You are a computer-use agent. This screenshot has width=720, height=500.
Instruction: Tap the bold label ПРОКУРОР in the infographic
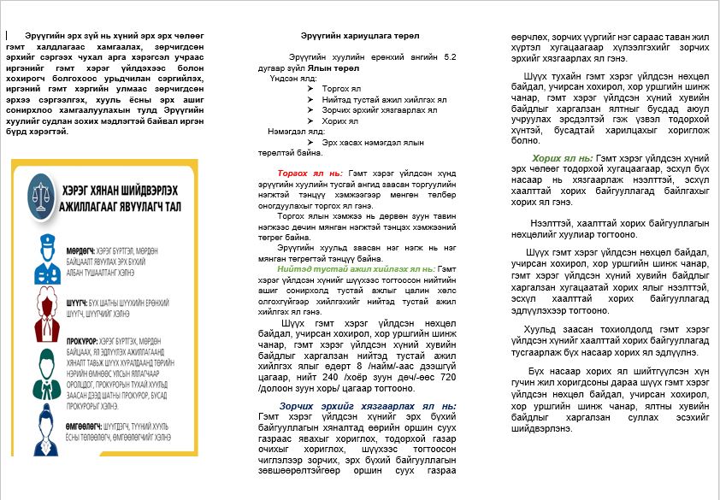point(86,341)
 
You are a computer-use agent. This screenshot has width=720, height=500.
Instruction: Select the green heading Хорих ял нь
point(562,158)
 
